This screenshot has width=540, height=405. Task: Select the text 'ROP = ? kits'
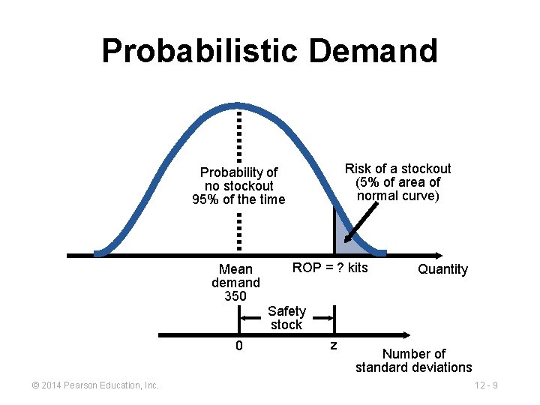click(x=330, y=268)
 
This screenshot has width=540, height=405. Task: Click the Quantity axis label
click(x=442, y=269)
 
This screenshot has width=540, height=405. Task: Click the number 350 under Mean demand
click(x=235, y=296)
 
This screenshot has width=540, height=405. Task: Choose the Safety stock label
click(x=286, y=318)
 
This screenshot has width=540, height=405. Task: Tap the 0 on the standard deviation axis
click(x=238, y=346)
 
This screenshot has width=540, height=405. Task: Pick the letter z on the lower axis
click(x=334, y=345)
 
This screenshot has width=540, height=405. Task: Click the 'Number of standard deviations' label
click(x=414, y=361)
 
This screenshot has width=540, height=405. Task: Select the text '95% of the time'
click(x=238, y=199)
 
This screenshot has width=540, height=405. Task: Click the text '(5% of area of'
click(x=397, y=182)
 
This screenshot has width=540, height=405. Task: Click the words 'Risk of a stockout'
click(x=397, y=169)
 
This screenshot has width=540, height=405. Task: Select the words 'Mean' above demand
click(x=235, y=269)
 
